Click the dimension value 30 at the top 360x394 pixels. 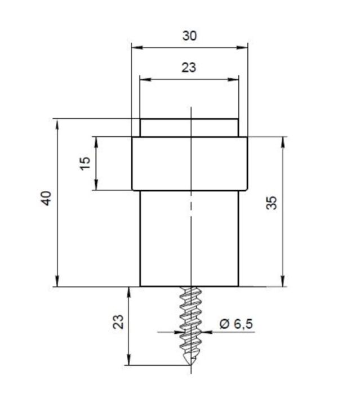click(189, 35)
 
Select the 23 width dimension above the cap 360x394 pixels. click(189, 68)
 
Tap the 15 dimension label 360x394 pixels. click(85, 163)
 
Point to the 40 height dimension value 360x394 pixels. click(46, 199)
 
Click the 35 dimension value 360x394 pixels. click(272, 203)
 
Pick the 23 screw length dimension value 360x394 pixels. click(118, 321)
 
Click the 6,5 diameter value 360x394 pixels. click(243, 324)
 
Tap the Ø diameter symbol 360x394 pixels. click(224, 324)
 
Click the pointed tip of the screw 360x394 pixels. click(190, 365)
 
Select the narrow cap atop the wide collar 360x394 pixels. click(189, 128)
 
